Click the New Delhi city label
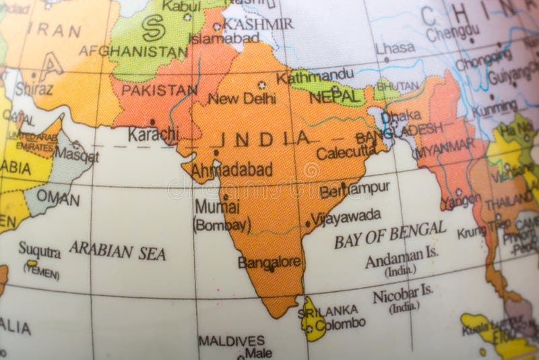point(241,98)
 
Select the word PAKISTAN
point(159,90)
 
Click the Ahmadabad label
point(232,170)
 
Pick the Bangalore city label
point(269,262)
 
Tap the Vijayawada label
point(346,217)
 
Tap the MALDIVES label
point(231,340)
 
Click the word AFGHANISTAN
point(133,51)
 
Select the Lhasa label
point(395,48)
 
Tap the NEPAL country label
point(336,97)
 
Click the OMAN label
point(58,198)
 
